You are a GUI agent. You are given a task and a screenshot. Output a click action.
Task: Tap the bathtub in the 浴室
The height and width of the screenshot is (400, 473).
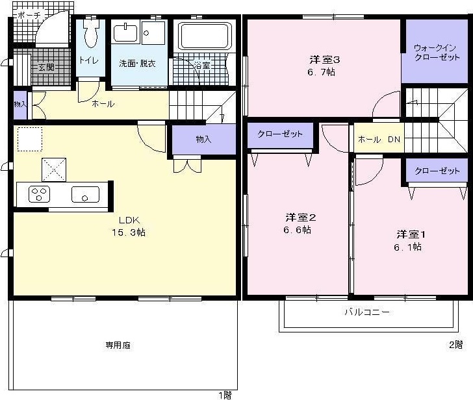pos(205,36)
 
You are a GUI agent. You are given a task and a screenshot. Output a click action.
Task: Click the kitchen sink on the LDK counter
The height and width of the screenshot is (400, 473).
pos(85,194)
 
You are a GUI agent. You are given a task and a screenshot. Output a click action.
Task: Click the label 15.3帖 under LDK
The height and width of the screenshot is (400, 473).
pos(127,232)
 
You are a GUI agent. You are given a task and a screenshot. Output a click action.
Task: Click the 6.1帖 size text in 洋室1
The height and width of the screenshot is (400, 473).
pos(407,247)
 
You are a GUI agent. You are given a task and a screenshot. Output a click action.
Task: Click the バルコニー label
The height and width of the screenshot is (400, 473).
pos(367,312)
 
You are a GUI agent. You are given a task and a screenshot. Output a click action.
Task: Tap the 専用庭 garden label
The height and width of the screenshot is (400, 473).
pos(118,345)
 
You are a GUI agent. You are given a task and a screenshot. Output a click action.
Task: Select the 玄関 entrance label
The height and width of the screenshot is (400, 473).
pos(45,67)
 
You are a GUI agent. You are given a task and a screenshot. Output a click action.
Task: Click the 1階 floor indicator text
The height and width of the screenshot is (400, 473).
pos(224,394)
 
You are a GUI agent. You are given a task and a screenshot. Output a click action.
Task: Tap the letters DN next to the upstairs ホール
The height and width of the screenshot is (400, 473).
pos(394,140)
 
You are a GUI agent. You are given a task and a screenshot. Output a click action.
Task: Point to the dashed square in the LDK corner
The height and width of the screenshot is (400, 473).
pos(29,139)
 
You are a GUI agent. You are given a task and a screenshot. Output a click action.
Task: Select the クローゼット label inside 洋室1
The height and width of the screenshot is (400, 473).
pos(437,171)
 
